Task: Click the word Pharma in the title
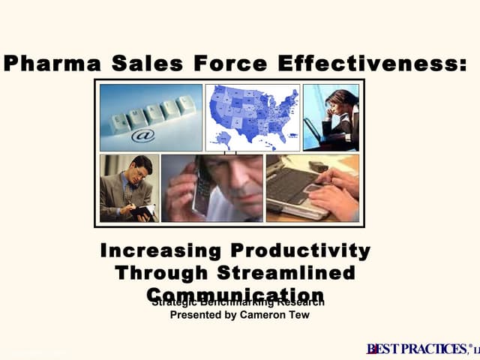pos(46,64)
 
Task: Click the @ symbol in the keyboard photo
pos(143,136)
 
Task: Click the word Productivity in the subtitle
pos(301,250)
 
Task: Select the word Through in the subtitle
pos(161,272)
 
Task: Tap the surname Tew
pos(298,316)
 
